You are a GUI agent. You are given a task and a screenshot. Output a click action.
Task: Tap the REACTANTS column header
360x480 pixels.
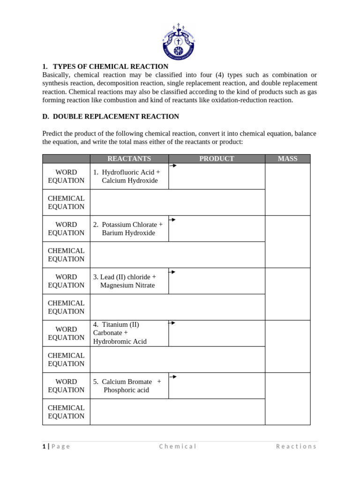coord(129,159)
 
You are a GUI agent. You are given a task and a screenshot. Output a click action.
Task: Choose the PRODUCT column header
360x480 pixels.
coord(217,159)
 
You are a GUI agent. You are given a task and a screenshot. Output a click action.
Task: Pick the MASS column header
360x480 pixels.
coord(287,159)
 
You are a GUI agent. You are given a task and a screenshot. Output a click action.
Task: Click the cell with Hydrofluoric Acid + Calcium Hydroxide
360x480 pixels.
coord(129,176)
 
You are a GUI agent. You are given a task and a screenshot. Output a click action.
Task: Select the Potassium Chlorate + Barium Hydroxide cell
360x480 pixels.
coord(129,229)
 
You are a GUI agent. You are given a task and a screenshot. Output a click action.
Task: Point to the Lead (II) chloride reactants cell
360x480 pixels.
coord(129,281)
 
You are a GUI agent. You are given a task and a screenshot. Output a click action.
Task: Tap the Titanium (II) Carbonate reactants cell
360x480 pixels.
coord(129,333)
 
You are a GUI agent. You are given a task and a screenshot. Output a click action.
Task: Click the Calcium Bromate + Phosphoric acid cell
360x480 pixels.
coord(129,386)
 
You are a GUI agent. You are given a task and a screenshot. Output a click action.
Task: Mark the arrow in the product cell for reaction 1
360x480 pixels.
coord(173,165)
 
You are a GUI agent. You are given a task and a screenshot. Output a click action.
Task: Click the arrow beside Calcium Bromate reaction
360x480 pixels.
coord(173,376)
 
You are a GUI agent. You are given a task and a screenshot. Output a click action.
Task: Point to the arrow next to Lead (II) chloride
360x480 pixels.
coord(172,272)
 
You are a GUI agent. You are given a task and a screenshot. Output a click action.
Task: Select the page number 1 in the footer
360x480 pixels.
coord(44,446)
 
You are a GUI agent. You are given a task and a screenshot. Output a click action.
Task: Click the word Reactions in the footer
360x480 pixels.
coord(296,446)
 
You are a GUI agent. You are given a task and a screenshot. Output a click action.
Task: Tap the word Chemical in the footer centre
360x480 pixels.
coord(178,446)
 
